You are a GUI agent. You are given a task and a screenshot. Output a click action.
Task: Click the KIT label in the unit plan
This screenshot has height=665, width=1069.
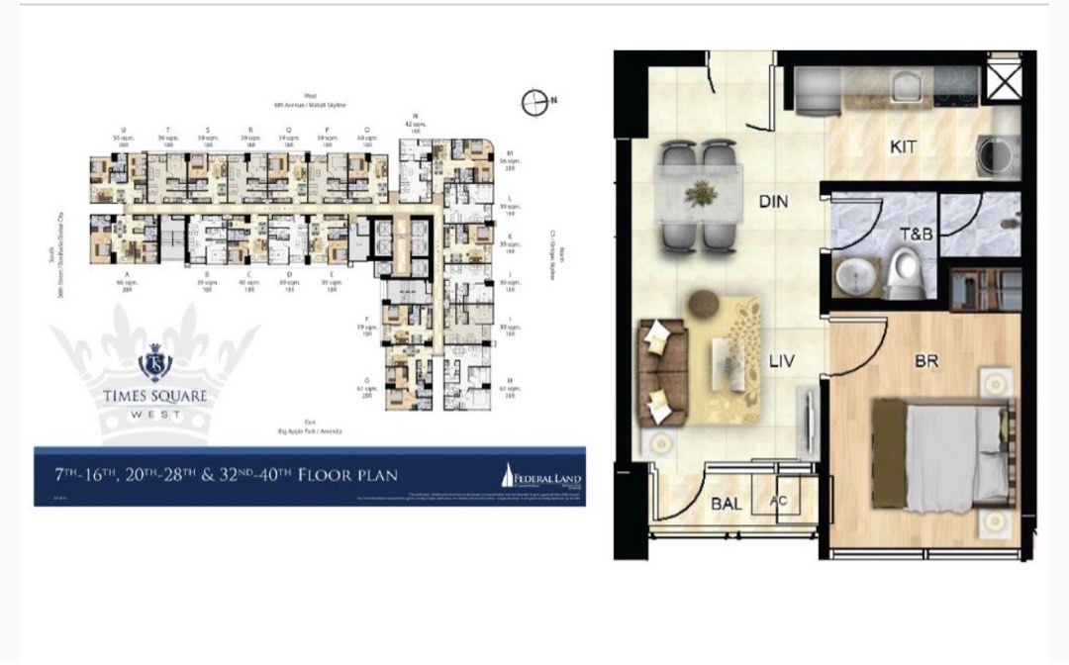[x=903, y=147]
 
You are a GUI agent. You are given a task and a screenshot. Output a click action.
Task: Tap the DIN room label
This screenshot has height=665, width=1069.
[x=772, y=202]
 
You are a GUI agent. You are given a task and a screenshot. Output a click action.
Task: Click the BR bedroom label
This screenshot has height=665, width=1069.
[x=925, y=362]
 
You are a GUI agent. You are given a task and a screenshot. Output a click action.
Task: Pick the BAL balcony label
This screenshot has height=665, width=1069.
[x=727, y=504]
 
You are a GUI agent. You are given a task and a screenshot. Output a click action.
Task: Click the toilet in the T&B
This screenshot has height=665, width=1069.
[x=905, y=274]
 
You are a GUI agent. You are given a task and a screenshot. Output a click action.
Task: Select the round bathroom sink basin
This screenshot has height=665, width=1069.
[x=851, y=278]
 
